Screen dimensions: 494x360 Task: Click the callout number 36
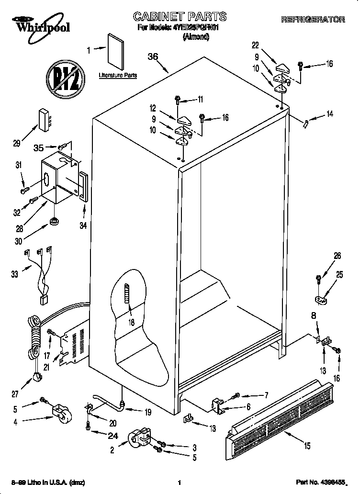tap(153, 56)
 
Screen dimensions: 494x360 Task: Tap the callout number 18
tap(131, 323)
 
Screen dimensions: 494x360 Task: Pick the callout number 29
tap(17, 143)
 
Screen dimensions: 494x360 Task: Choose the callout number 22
tap(255, 45)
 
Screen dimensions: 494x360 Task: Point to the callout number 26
tap(337, 256)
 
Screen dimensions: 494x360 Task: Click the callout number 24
tap(112, 436)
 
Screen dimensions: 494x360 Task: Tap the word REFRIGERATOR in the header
tap(313, 20)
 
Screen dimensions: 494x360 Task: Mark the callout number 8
tap(314, 316)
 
